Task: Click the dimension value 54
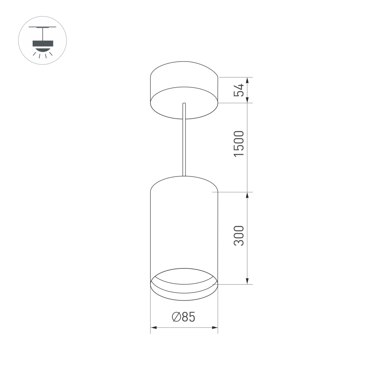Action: (x=239, y=90)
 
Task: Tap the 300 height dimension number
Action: (x=239, y=235)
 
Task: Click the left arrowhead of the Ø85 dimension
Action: (x=153, y=328)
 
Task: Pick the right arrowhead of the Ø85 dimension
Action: (x=215, y=328)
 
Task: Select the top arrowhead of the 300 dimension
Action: (x=247, y=195)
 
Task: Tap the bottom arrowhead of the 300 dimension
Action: (x=247, y=281)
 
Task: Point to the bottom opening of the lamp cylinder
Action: (x=184, y=285)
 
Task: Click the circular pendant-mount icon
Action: (x=42, y=40)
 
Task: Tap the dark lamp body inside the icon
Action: (x=42, y=43)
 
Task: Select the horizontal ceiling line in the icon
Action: (x=42, y=27)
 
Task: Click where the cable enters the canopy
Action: (x=184, y=104)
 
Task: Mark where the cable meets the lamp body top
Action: (x=184, y=176)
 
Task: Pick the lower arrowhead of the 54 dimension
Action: (x=247, y=100)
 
